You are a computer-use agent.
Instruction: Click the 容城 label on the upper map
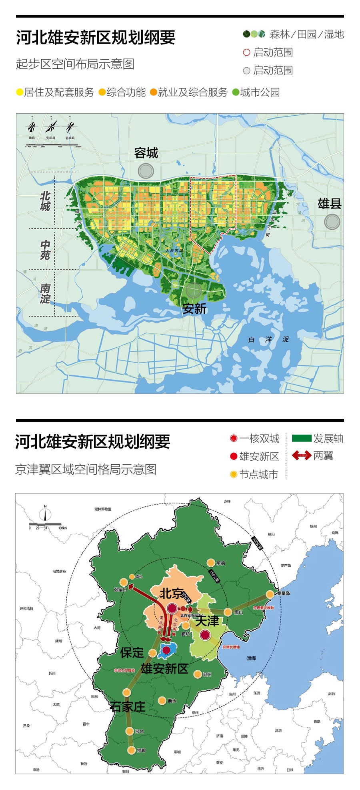146,153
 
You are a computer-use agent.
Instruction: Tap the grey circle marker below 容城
146,171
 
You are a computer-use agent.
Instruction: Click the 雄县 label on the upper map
330,204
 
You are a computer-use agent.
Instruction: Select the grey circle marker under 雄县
332,221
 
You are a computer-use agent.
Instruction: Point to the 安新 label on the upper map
194,309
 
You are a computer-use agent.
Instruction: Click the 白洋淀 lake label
268,339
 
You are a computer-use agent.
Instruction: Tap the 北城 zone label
45,201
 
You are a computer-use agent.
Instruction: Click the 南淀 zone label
45,294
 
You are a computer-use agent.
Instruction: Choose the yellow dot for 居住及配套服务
20,92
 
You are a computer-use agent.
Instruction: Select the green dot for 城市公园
236,92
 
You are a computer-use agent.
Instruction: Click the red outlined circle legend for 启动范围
246,52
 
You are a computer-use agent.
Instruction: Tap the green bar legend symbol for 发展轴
301,438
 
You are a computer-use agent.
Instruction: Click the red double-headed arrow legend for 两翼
301,455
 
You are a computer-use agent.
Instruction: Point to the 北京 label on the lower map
172,594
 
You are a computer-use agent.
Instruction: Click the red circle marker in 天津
205,635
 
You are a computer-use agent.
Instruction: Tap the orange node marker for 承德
211,562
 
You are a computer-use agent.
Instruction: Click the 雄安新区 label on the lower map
164,668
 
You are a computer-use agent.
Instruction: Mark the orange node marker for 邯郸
131,750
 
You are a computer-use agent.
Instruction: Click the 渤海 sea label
251,658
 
